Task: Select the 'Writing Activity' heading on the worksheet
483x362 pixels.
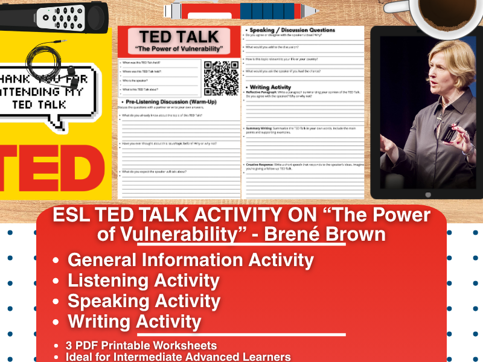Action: click(270, 87)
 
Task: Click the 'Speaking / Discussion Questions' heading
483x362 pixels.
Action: click(289, 29)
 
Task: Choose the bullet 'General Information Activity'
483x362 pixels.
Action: click(191, 260)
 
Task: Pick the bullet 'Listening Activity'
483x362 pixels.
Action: click(143, 281)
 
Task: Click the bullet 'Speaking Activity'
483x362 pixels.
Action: click(144, 301)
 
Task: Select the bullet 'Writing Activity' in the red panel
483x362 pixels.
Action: click(134, 322)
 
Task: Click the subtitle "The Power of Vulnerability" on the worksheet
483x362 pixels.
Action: click(179, 49)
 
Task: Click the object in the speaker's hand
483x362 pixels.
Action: click(447, 135)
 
